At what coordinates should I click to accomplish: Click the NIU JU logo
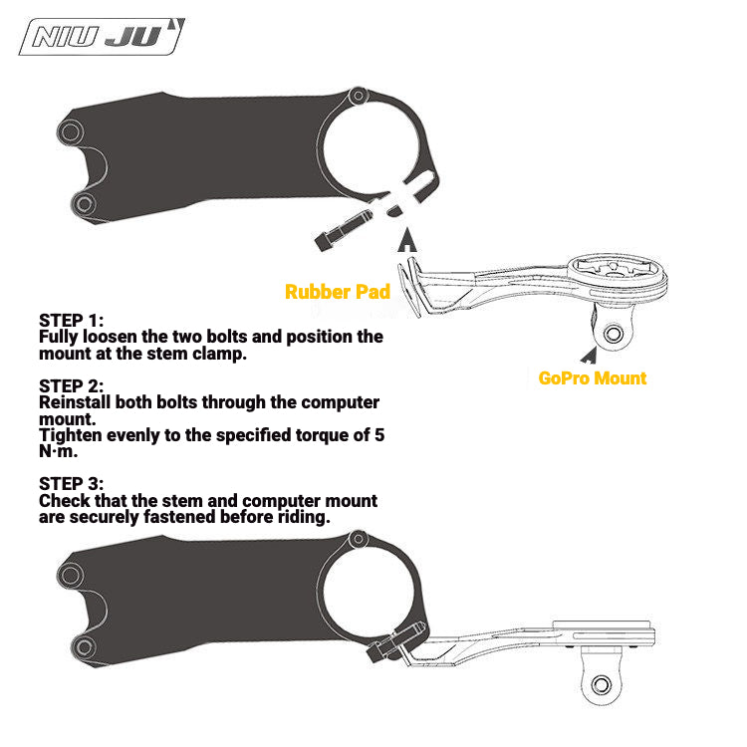[102, 37]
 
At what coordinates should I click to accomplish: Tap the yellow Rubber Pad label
[338, 292]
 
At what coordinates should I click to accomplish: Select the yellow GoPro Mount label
[593, 378]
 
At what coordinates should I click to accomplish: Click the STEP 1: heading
[71, 320]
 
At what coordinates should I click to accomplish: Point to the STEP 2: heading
[71, 385]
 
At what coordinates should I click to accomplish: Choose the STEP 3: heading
[71, 483]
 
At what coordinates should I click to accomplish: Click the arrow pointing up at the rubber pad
[407, 240]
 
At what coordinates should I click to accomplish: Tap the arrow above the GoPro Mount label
[590, 355]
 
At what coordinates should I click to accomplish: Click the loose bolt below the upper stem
[343, 230]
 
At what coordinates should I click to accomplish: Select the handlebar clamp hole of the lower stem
[368, 591]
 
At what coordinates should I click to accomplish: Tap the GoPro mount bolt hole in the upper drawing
[613, 333]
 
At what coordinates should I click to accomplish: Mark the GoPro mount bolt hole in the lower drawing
[601, 685]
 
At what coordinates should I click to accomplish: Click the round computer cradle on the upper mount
[618, 275]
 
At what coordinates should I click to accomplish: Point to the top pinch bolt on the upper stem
[359, 97]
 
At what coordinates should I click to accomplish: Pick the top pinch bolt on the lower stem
[359, 539]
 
